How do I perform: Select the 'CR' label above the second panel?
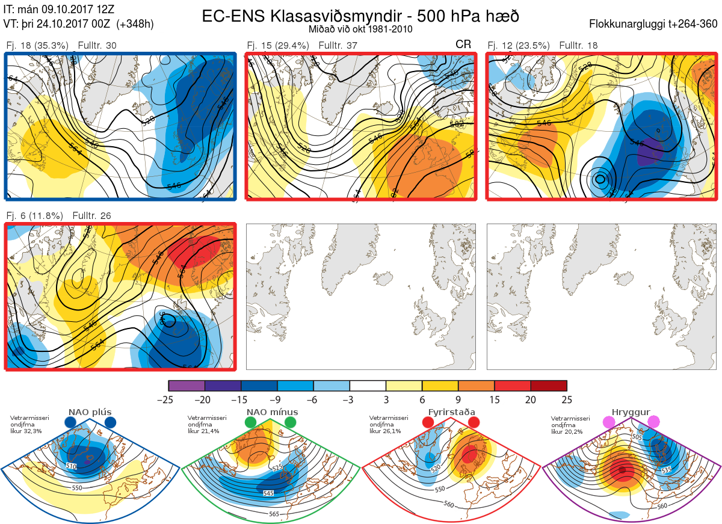click(463, 45)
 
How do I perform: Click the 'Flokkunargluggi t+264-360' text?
click(655, 24)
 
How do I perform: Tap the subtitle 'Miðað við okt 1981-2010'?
click(360, 29)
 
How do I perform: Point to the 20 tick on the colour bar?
click(530, 399)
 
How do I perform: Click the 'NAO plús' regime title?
click(90, 412)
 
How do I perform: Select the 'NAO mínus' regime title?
click(272, 412)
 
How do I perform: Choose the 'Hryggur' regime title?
click(632, 412)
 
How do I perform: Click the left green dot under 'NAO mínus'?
click(250, 423)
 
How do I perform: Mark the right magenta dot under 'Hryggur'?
click(653, 423)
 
